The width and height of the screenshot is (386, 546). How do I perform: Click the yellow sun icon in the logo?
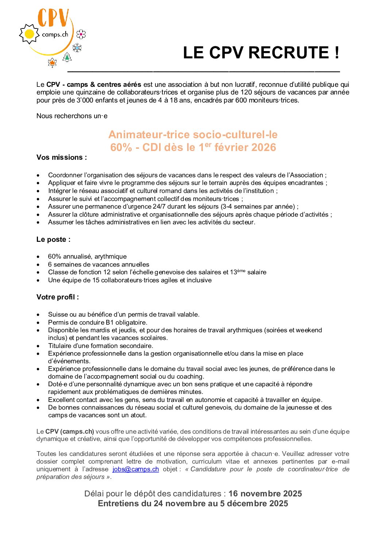pos(29,34)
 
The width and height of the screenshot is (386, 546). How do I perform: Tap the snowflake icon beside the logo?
pos(77,47)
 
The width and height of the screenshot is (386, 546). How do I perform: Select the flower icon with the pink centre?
pos(81,34)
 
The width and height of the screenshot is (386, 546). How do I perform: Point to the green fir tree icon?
pos(67,57)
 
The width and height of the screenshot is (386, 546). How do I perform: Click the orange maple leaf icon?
pos(52,63)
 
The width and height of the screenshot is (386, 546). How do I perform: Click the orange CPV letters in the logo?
pos(53,18)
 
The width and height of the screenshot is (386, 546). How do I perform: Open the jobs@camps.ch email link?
pos(136,469)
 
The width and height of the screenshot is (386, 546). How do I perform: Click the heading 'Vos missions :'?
pos(62,158)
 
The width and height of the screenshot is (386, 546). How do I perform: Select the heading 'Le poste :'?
pos(53,240)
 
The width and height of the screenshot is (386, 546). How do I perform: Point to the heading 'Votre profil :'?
pos(58,297)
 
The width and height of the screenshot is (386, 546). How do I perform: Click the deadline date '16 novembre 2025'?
pos(265,493)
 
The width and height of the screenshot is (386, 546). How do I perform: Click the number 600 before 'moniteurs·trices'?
pos(241,100)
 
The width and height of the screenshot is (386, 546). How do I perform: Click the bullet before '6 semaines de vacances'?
pos(38,265)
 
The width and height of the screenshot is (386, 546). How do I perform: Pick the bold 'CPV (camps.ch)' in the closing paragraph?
pos(70,431)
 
